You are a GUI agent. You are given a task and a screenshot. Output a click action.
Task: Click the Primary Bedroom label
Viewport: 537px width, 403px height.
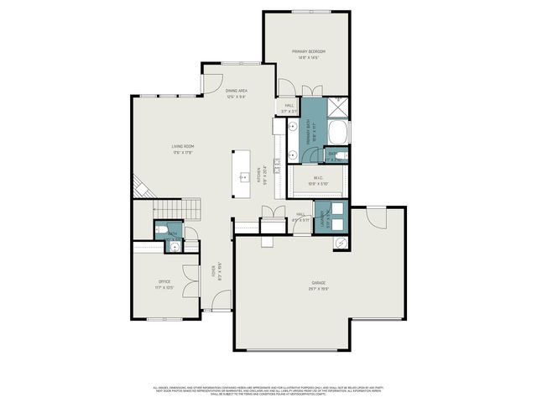tap(308, 52)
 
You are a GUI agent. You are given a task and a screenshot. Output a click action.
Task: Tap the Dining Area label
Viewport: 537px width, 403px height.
tap(237, 91)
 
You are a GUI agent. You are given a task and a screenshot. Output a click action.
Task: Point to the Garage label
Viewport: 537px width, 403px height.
tap(319, 283)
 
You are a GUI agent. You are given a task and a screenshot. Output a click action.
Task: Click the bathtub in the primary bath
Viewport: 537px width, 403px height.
tap(337, 132)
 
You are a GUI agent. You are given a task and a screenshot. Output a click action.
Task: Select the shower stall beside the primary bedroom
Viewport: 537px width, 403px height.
tap(337, 107)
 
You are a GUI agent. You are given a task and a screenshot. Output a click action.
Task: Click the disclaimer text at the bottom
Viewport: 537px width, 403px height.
tap(268, 390)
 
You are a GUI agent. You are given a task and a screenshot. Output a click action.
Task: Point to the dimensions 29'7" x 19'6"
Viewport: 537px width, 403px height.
tap(319, 288)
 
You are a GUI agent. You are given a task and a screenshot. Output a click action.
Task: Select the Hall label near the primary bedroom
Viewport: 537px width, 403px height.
tap(289, 106)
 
